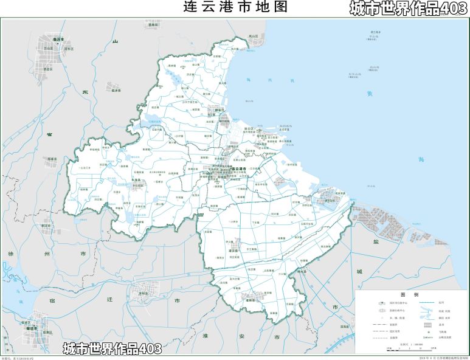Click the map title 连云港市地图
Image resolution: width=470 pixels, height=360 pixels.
coord(234,7)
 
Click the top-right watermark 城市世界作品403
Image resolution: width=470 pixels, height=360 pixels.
coord(407,9)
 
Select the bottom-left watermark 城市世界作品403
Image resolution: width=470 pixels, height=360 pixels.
coord(112,348)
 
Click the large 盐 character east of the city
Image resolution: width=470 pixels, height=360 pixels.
coord(375,241)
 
